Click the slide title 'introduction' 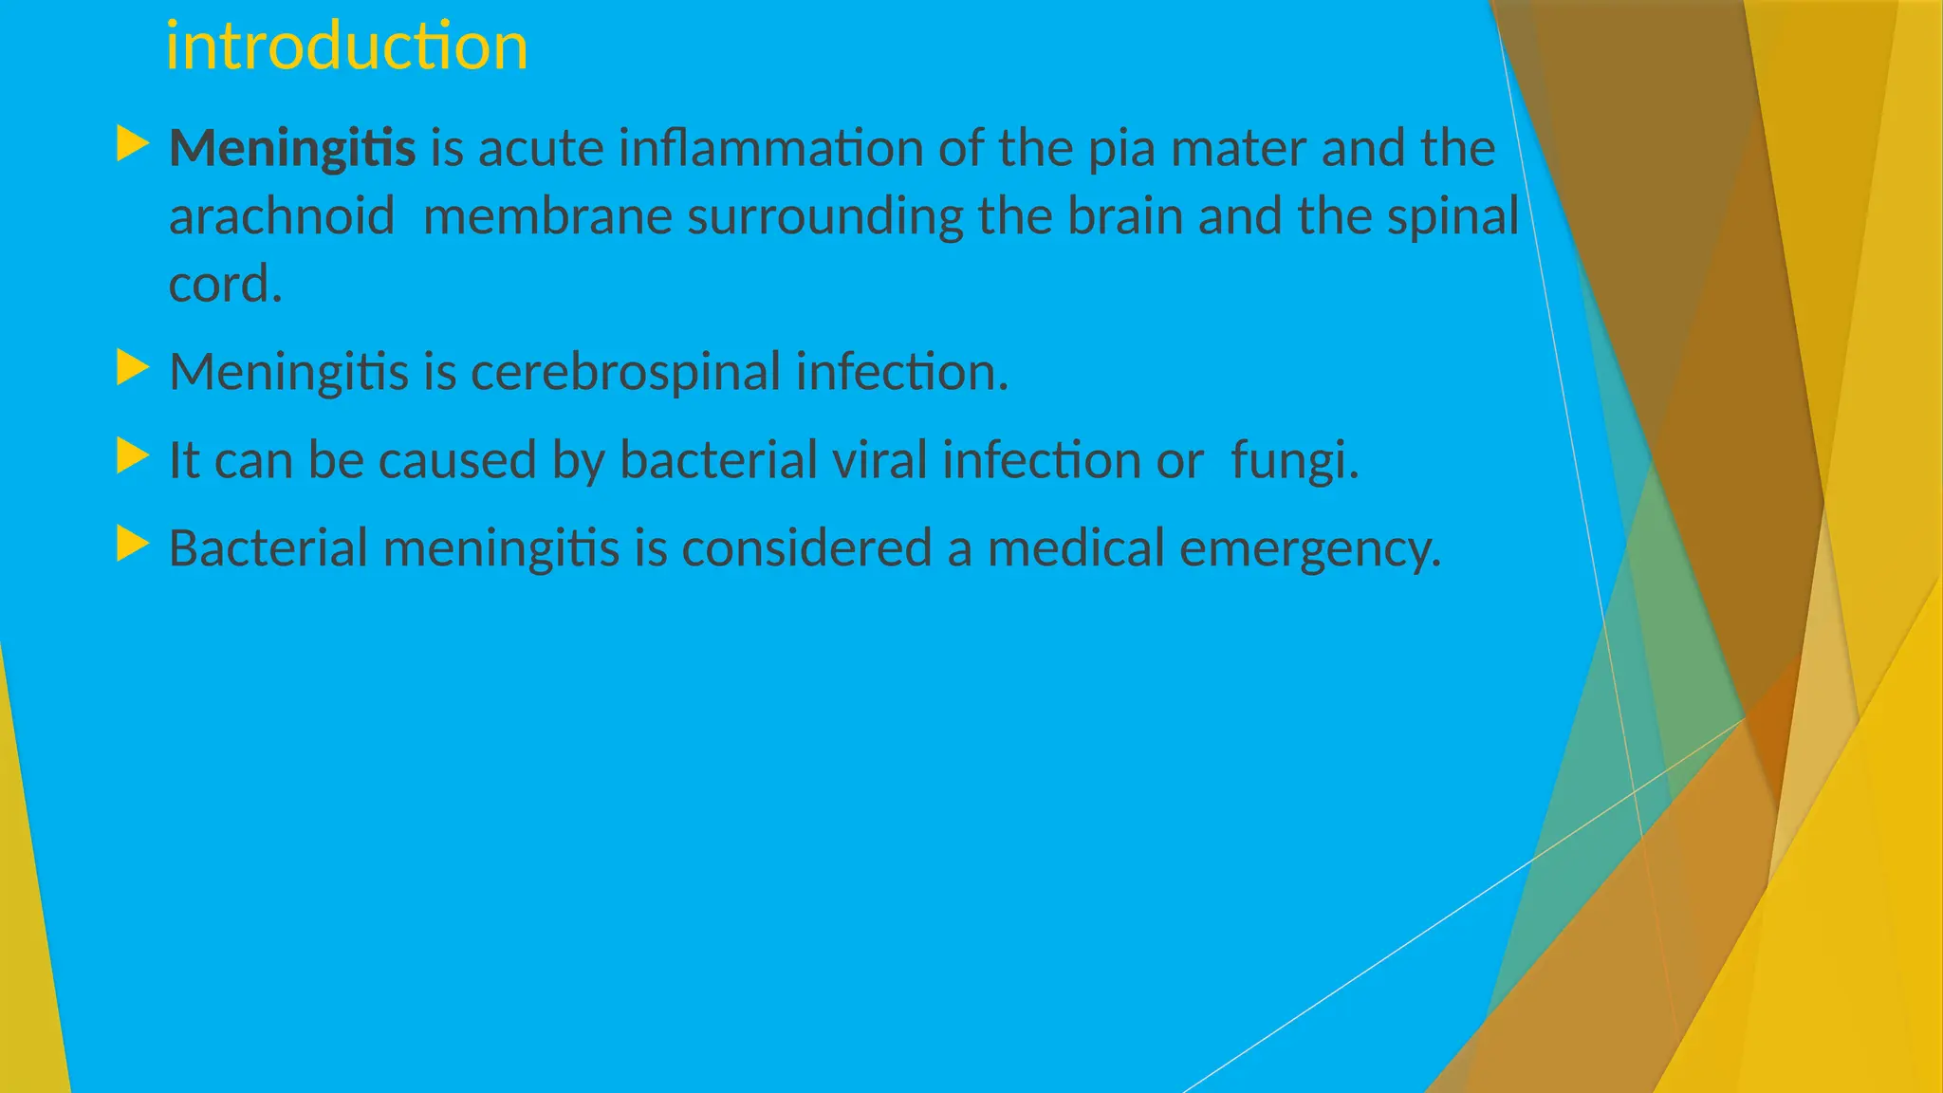(x=346, y=46)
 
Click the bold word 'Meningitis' (x=292, y=148)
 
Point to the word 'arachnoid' (x=282, y=216)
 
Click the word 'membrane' (x=547, y=216)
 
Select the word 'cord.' (x=225, y=285)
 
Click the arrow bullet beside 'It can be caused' (x=133, y=456)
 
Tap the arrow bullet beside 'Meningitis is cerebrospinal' (x=133, y=367)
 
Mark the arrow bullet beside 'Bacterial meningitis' (x=133, y=545)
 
